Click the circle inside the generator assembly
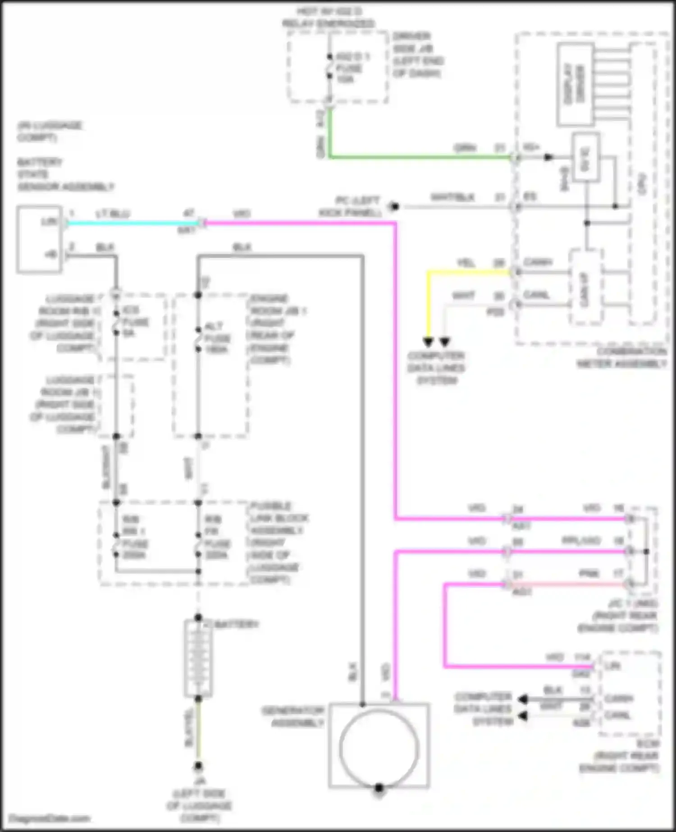tap(379, 749)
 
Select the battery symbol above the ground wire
tap(198, 658)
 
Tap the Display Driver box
tap(575, 84)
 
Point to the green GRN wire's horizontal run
tap(419, 157)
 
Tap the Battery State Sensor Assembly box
tap(39, 239)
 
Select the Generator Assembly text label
tap(293, 717)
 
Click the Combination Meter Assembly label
tap(622, 357)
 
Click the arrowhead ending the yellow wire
tap(428, 342)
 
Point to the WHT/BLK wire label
tap(452, 197)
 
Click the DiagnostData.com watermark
tap(50, 818)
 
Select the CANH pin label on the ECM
tap(619, 699)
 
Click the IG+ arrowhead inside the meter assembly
tap(548, 157)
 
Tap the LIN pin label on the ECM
tap(613, 666)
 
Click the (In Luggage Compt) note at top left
tap(50, 131)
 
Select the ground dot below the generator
tap(379, 788)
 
